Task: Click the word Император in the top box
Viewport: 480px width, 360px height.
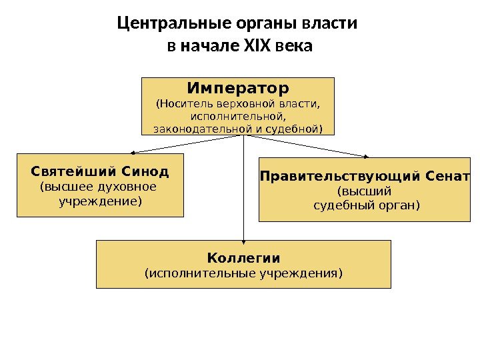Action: [238, 89]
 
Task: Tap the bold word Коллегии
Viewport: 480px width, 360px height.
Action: [243, 257]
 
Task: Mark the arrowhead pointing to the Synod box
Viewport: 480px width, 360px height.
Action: [131, 153]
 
